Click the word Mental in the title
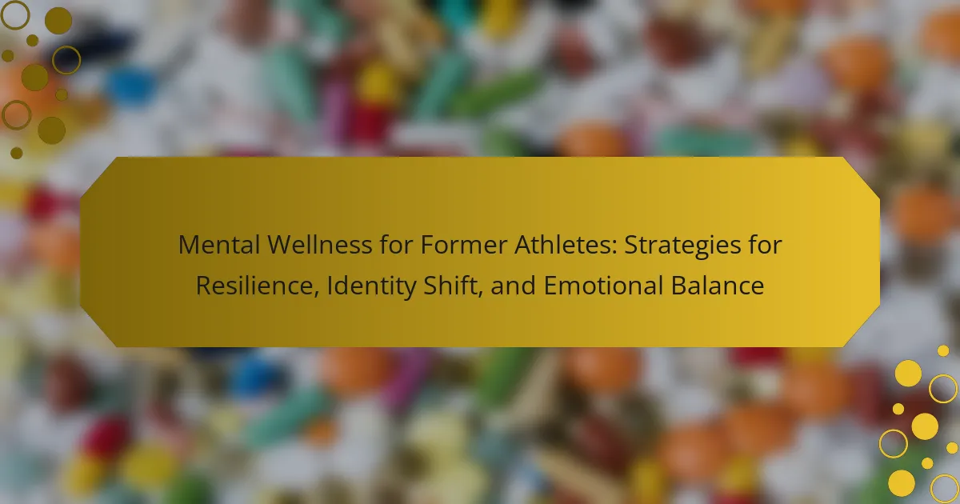[218, 245]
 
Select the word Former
[463, 245]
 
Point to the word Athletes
[562, 245]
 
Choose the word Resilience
[255, 286]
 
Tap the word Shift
[449, 285]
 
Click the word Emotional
[603, 286]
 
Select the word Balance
[718, 286]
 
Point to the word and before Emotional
[513, 286]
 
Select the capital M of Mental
[189, 245]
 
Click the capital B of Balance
[679, 286]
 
